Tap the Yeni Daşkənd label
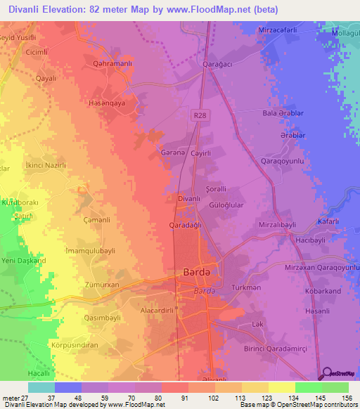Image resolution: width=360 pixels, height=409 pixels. point(25,261)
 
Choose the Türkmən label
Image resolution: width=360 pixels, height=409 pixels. point(247,287)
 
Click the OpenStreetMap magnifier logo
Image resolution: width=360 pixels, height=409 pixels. point(326,373)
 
